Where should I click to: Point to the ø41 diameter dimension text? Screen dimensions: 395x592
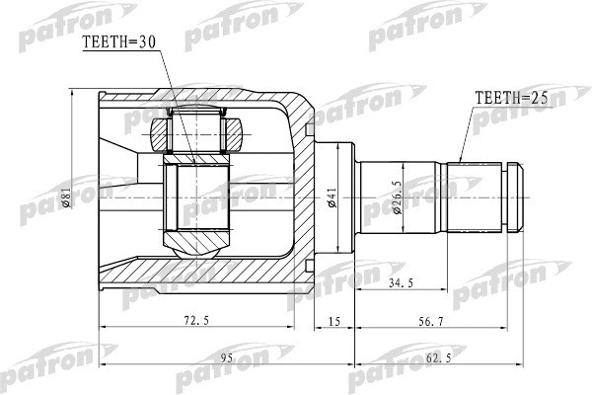333,198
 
